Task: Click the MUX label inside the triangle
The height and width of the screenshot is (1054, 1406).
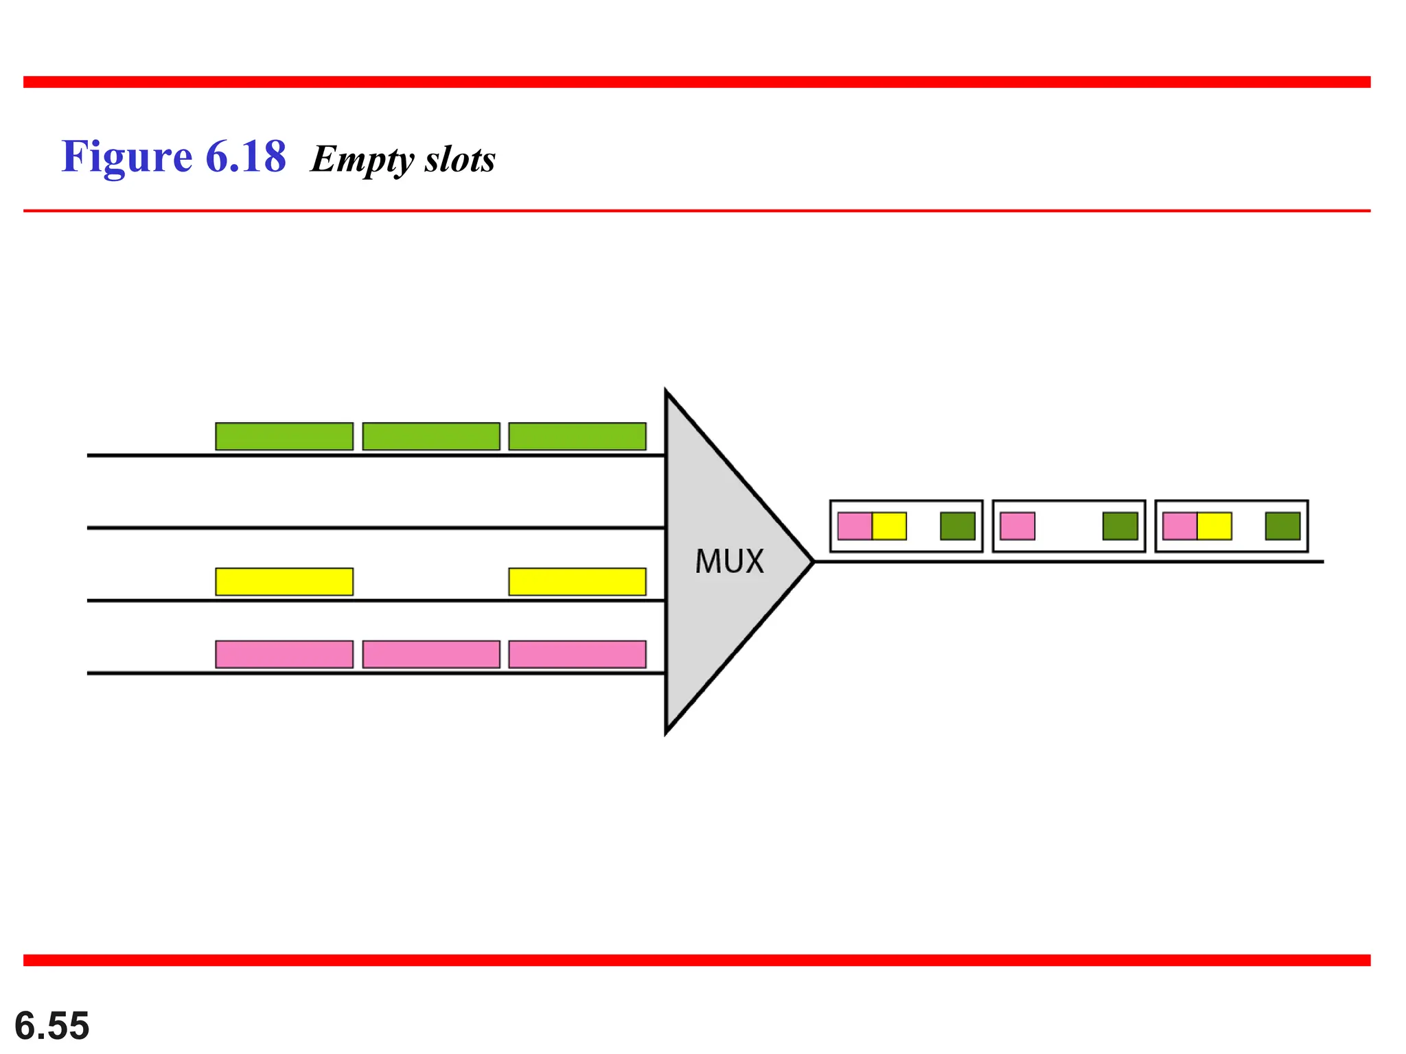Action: click(729, 561)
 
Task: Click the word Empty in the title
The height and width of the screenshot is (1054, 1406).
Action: click(362, 159)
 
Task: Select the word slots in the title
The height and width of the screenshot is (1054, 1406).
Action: click(460, 159)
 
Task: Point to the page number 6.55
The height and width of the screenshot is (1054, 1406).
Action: click(52, 1025)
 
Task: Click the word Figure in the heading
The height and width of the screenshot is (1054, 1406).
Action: click(127, 156)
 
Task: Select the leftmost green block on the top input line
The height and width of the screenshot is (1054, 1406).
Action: click(284, 436)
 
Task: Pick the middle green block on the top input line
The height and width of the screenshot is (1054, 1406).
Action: click(431, 436)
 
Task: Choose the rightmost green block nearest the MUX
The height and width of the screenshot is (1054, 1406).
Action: click(577, 436)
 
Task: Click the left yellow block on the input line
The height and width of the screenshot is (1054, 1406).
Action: click(284, 582)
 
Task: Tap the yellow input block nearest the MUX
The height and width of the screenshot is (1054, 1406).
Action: click(577, 582)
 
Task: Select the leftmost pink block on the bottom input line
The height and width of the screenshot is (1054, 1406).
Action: click(284, 655)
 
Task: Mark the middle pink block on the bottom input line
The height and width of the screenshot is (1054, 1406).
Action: click(431, 655)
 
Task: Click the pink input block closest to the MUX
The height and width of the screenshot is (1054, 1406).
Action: click(577, 655)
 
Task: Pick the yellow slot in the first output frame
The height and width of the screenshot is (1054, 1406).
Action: click(889, 526)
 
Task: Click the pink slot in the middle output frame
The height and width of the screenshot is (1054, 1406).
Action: click(1017, 526)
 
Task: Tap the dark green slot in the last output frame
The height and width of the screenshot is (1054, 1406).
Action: click(1282, 526)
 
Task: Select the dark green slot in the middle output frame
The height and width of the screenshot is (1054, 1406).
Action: click(1120, 526)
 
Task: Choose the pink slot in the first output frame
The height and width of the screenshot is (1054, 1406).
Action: click(855, 526)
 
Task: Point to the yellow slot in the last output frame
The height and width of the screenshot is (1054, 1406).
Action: click(1214, 526)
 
